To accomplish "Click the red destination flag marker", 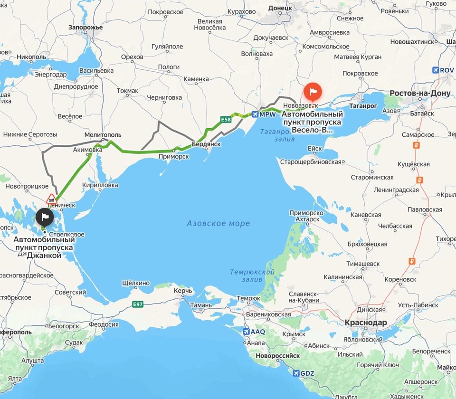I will click(313, 89).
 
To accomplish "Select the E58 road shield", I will click(226, 120).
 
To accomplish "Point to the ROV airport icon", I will click(436, 70).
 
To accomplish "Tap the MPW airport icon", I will click(256, 114).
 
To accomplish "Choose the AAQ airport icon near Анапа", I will click(246, 332).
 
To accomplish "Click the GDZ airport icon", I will click(297, 373).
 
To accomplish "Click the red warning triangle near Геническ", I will click(51, 198).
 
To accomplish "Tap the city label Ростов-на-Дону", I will click(420, 93).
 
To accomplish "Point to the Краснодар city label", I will click(366, 323).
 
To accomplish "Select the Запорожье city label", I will click(85, 27).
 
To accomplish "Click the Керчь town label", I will click(183, 290).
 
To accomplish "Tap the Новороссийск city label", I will click(277, 356).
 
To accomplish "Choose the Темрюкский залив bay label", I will click(252, 275).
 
